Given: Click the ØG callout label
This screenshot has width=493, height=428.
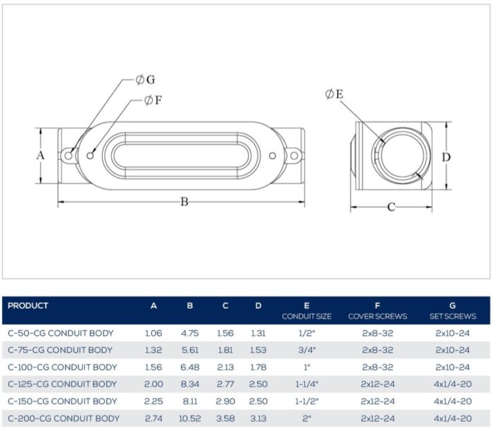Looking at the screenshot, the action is [145, 80].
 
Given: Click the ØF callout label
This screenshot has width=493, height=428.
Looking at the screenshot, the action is [153, 100].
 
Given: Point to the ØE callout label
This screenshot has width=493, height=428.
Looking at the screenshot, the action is [334, 94].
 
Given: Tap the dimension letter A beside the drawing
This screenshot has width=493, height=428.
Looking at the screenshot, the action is [40, 155].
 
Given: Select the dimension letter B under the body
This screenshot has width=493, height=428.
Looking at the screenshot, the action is [185, 201].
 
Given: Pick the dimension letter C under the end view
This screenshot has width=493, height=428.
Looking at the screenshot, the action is [391, 207].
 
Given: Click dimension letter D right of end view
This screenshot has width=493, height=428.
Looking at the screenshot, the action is [446, 157].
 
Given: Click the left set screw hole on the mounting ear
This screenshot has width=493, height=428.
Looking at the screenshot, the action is [69, 155].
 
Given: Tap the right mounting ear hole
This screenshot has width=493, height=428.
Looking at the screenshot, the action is [293, 155].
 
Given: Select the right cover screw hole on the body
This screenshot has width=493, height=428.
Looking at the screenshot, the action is [273, 155].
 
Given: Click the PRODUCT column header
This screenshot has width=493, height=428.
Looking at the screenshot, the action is [28, 305].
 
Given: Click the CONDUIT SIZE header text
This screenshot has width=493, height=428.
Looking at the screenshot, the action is [307, 316].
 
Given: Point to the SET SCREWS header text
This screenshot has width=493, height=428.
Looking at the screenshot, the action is [453, 316].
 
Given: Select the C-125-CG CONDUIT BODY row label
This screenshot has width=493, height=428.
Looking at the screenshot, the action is [62, 384].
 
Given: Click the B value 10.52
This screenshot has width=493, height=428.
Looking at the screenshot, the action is [190, 418].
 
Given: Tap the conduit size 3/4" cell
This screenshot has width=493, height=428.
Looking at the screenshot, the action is [307, 350].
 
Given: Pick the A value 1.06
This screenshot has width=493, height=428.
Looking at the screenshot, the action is [153, 333].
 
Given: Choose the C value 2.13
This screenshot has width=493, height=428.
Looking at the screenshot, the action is [225, 367].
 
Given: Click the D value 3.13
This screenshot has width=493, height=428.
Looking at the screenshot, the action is [258, 418].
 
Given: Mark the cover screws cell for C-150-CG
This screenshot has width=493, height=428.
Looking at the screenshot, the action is [377, 401].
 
